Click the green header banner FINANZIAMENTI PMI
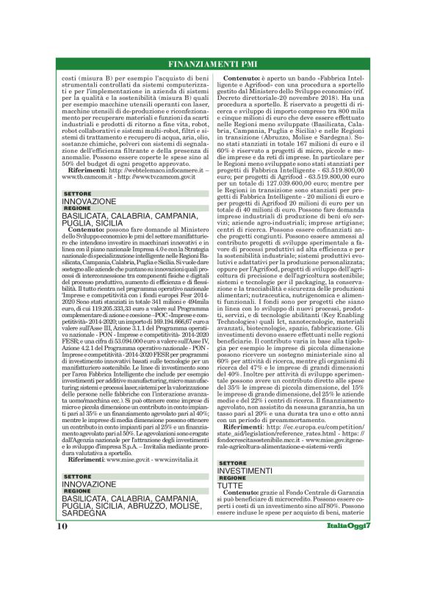tap(213, 62)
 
